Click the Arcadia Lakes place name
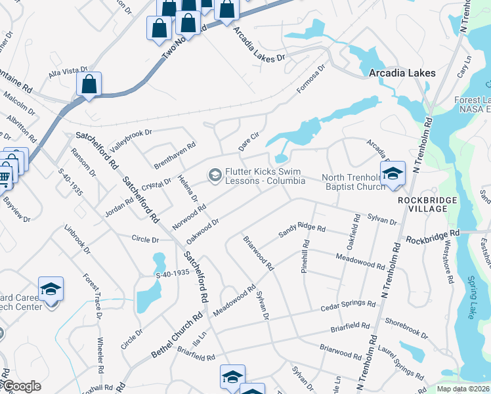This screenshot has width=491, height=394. pyautogui.click(x=402, y=73)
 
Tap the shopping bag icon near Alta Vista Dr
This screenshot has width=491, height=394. pyautogui.click(x=89, y=85)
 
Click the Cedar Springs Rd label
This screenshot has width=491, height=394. pyautogui.click(x=347, y=305)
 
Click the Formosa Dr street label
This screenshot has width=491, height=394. pyautogui.click(x=311, y=78)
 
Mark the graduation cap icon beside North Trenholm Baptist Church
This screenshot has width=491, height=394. pyautogui.click(x=393, y=174)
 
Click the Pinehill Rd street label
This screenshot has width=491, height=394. pyautogui.click(x=305, y=261)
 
